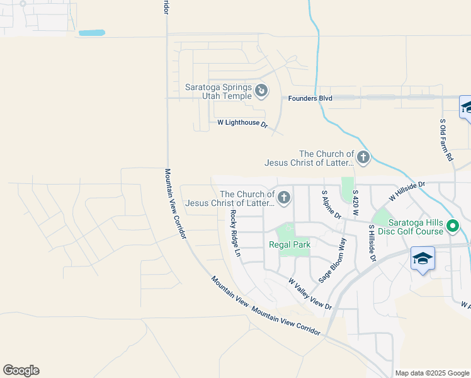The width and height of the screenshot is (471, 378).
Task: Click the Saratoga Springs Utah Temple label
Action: [x=218, y=92]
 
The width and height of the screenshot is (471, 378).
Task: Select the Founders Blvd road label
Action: [x=310, y=98]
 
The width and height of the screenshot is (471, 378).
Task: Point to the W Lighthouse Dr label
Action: [x=242, y=123]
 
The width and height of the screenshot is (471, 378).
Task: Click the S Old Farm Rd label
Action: [x=446, y=139]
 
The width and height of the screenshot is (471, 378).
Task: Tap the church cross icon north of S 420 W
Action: [x=363, y=157]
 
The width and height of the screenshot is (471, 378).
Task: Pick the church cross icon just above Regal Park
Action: [x=284, y=198]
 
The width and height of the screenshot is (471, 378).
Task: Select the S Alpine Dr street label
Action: [x=331, y=205]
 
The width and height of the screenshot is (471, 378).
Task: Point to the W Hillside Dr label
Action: [x=407, y=192]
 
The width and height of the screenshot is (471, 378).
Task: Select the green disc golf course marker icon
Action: [x=452, y=225]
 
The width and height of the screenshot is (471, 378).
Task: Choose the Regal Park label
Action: [x=289, y=244]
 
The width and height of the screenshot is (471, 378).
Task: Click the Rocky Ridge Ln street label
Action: [x=235, y=234]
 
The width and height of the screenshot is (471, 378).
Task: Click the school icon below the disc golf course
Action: [x=423, y=258]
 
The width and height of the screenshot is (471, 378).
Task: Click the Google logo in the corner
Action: [x=21, y=370]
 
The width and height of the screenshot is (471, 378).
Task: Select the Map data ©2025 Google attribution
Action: [x=432, y=373]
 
